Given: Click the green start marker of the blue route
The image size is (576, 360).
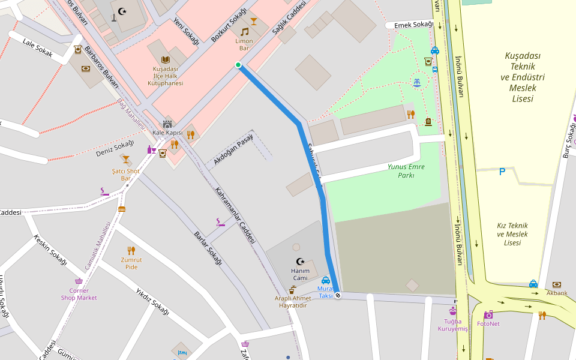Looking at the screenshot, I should tap(238, 65).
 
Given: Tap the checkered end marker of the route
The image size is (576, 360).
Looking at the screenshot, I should tap(338, 295).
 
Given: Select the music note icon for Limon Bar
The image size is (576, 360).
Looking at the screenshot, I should tap(244, 31).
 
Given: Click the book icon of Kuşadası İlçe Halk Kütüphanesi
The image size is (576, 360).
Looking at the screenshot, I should tap(166, 59).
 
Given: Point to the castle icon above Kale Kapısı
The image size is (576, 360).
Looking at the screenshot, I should tap(167, 124).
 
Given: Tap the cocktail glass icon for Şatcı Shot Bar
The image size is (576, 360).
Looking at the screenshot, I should tap(125, 160).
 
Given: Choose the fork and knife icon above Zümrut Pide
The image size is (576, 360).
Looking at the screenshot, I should tap(131, 251).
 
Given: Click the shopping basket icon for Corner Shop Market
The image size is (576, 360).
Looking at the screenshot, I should tap(79, 281).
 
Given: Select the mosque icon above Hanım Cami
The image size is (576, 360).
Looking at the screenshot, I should tap(300, 261).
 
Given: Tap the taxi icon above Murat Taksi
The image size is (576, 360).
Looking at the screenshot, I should tap(325, 280).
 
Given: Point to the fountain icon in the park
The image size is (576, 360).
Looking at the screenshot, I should tap(416, 82).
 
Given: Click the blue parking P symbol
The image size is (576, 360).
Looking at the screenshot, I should tap(502, 172).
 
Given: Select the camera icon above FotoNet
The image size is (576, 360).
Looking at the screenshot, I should tap(488, 314).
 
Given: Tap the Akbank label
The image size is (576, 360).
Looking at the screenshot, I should tap(557, 293).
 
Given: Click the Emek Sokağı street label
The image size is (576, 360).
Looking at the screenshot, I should tap(413, 25).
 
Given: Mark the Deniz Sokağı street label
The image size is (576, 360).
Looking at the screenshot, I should tap(115, 148).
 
